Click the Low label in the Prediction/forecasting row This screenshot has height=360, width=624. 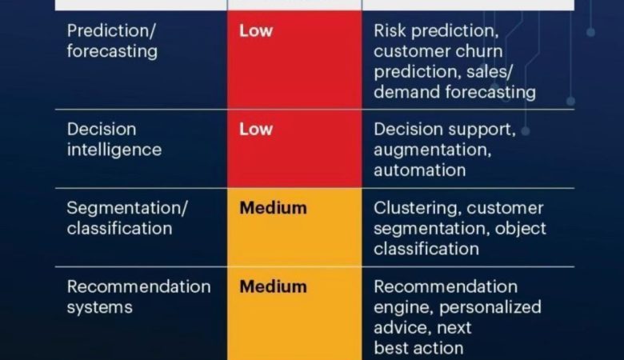(256, 30)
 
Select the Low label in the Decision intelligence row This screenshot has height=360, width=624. (256, 130)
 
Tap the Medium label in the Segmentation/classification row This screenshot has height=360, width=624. (273, 208)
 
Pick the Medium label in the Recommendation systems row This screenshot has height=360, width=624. (273, 287)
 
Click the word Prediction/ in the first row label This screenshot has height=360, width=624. (111, 31)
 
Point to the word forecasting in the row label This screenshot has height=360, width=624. (112, 52)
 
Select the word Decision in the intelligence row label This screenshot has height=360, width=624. (102, 130)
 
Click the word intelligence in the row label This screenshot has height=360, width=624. (114, 150)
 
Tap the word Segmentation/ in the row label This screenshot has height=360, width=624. (127, 209)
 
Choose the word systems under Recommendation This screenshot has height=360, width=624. (99, 308)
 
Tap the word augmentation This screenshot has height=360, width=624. (433, 150)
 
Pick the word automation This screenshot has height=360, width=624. (420, 170)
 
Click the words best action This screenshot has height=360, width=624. (418, 349)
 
